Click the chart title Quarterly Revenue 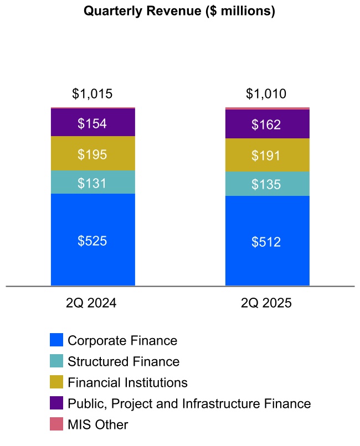(x=179, y=11)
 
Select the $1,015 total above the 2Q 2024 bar (x=92, y=94)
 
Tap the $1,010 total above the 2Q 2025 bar (x=266, y=94)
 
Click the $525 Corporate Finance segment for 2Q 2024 (x=92, y=240)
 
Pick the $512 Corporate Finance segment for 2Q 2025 (x=266, y=241)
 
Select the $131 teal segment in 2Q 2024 (x=92, y=183)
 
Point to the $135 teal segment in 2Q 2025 (x=266, y=184)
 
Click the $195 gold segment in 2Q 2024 (x=92, y=154)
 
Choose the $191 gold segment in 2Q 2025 (x=266, y=155)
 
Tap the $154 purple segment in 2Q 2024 (x=92, y=123)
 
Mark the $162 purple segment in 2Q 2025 (x=266, y=125)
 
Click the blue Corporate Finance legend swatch (x=56, y=340)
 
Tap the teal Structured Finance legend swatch (x=56, y=361)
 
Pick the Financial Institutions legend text (x=127, y=382)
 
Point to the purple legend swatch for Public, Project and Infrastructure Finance (x=56, y=403)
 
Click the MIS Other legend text (x=97, y=425)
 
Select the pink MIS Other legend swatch (x=56, y=424)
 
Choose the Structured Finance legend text (x=124, y=361)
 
